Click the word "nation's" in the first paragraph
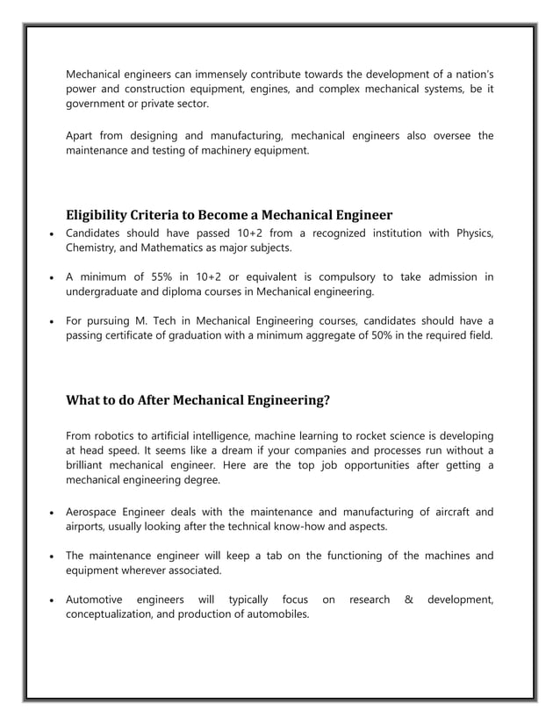[470, 73]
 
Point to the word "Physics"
[472, 233]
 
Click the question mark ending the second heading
[327, 401]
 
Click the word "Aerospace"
[96, 511]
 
